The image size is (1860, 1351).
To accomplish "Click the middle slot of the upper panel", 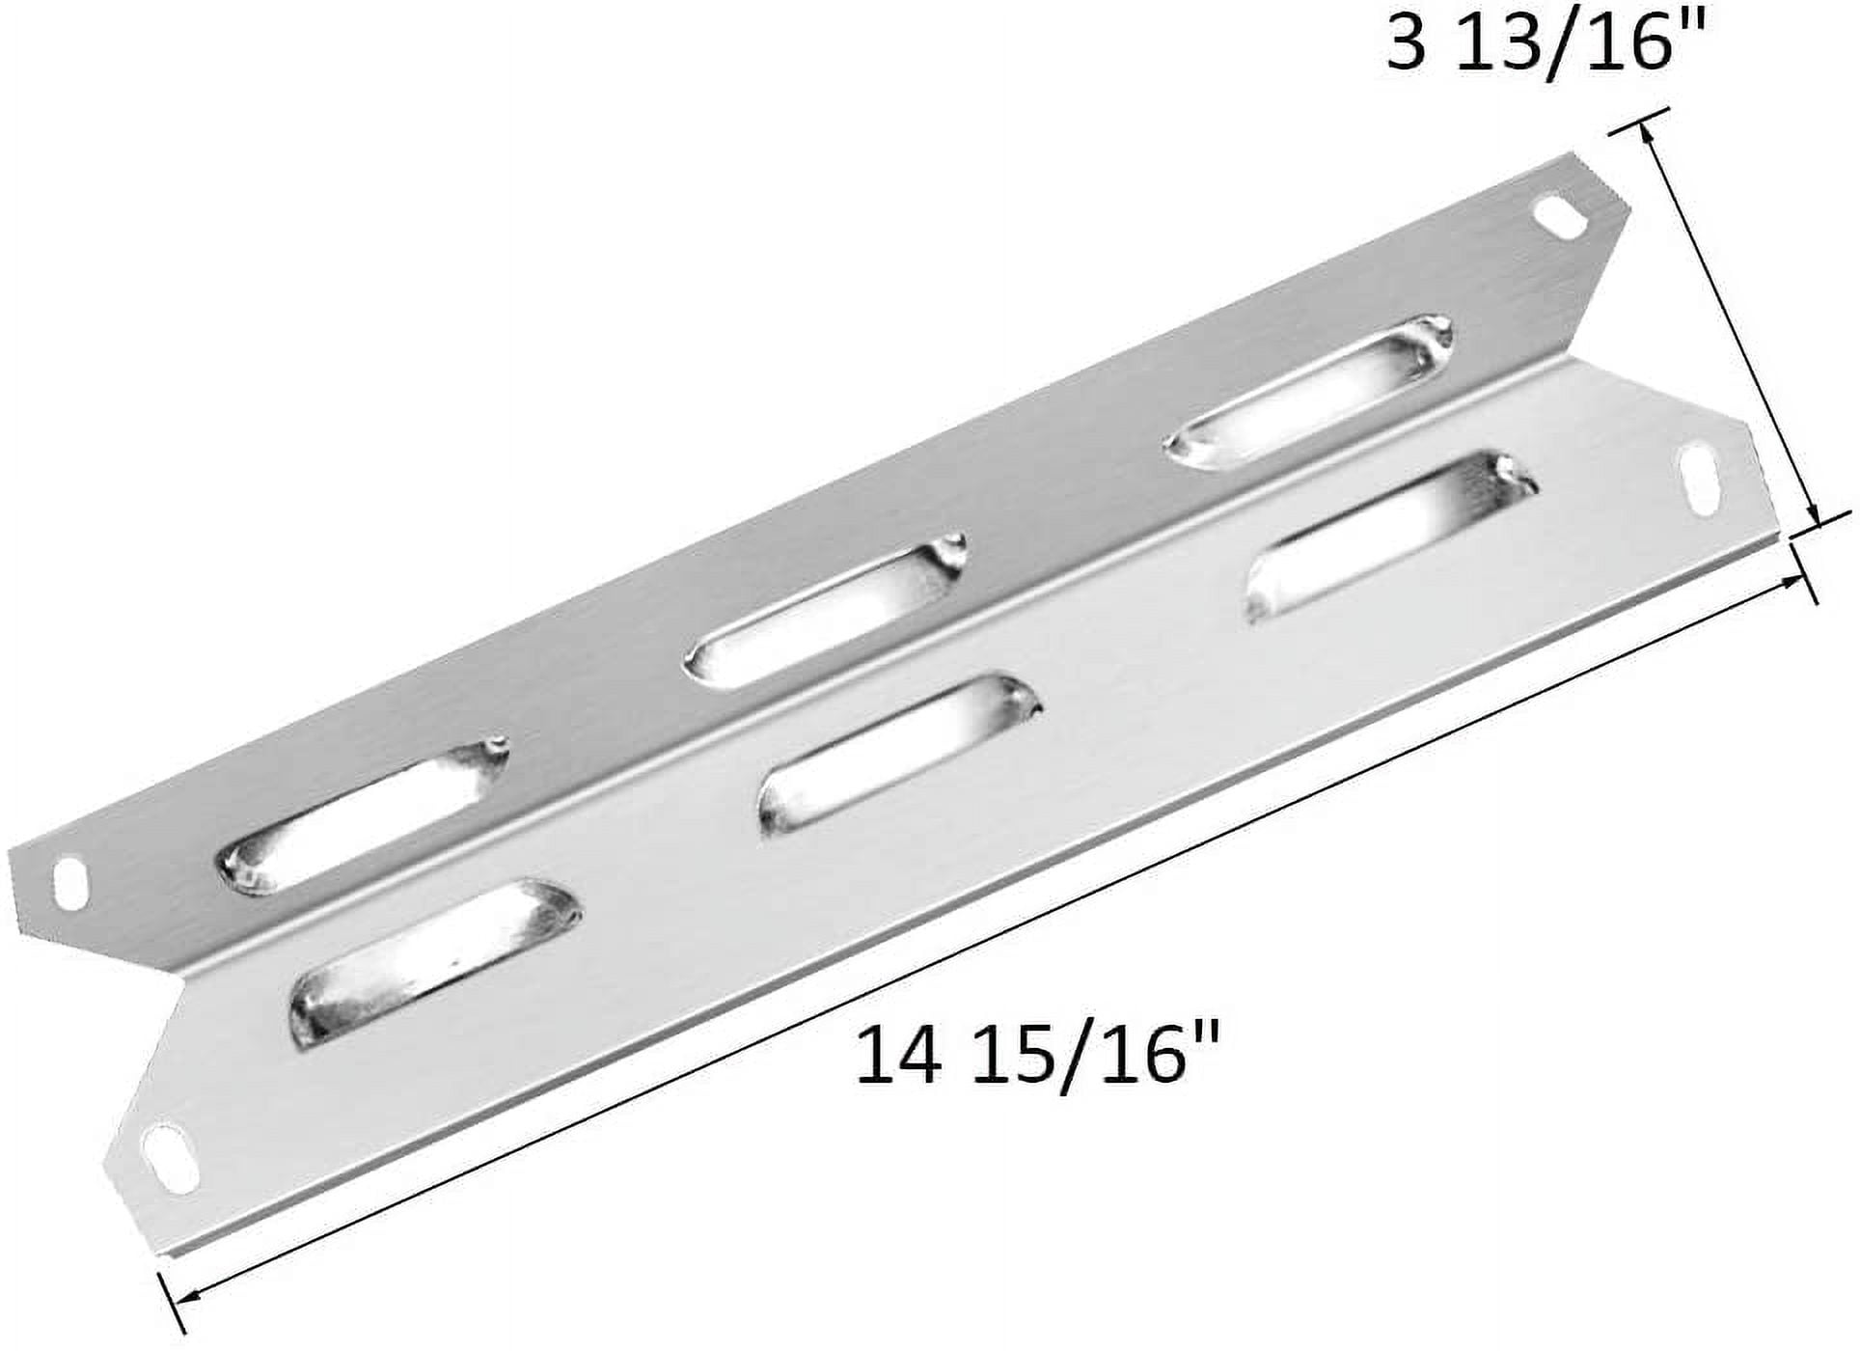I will click(824, 609).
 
